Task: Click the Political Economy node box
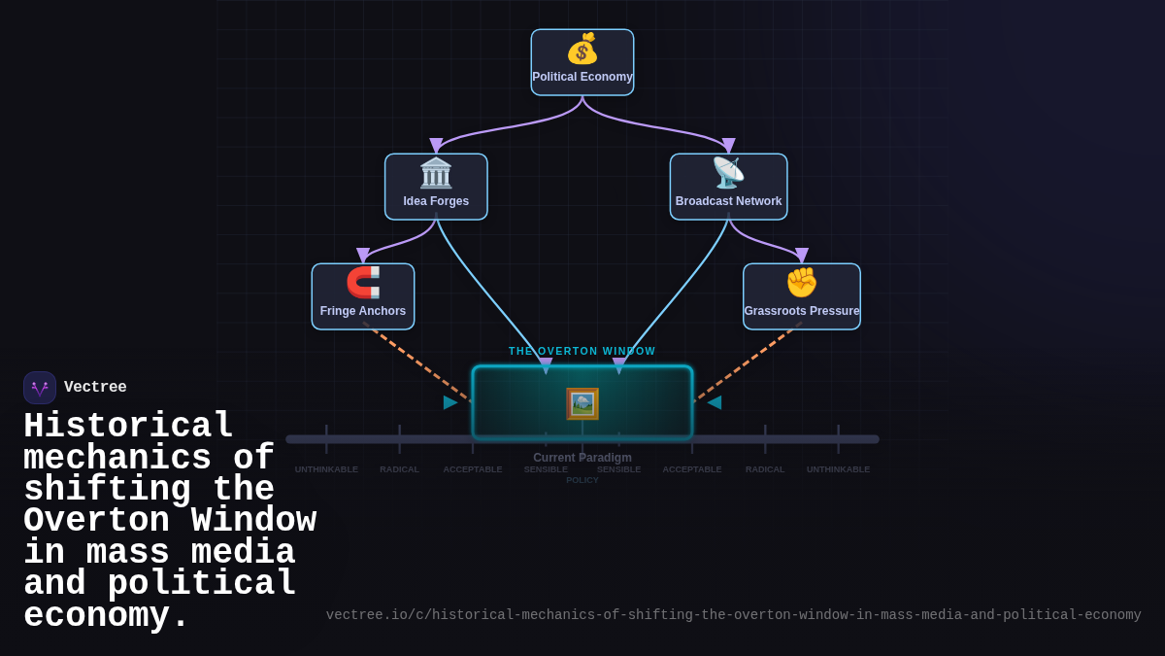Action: click(582, 62)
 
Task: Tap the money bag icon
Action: click(582, 49)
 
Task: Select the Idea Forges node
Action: click(436, 187)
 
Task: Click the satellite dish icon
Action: click(728, 173)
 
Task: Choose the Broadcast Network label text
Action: click(728, 201)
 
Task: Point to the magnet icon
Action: click(363, 283)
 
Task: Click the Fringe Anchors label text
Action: click(363, 311)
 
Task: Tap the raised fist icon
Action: click(802, 283)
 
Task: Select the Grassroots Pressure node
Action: click(802, 296)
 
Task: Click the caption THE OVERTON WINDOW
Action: click(582, 351)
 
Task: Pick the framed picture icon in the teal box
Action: click(582, 403)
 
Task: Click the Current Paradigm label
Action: click(582, 458)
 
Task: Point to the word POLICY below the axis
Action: click(582, 480)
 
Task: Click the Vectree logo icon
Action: click(40, 388)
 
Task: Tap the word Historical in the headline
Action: click(128, 427)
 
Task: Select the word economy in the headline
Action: click(105, 616)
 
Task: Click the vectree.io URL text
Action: click(733, 615)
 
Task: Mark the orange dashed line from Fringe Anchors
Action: click(417, 362)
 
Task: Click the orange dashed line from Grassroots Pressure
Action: click(748, 362)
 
